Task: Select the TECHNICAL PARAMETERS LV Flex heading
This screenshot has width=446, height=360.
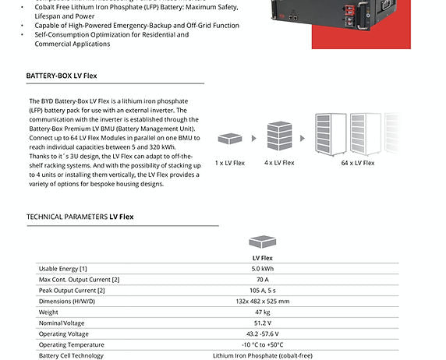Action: (x=80, y=217)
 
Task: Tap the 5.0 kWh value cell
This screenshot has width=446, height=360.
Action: (x=261, y=268)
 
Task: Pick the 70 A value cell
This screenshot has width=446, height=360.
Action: (x=261, y=279)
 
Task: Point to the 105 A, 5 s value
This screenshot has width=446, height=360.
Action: (x=261, y=290)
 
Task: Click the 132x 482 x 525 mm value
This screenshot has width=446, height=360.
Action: (x=261, y=301)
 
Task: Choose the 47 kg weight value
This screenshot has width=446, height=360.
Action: (x=261, y=312)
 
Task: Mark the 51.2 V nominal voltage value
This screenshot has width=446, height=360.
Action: (x=261, y=323)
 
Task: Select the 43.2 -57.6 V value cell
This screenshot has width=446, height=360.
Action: (x=261, y=334)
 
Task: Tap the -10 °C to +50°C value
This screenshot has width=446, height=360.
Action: (x=261, y=344)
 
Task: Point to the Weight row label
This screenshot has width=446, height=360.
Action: (x=48, y=312)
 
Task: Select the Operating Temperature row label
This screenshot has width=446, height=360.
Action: (x=71, y=344)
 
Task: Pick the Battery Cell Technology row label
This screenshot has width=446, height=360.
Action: (x=71, y=355)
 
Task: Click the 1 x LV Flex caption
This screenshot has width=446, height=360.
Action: (x=229, y=163)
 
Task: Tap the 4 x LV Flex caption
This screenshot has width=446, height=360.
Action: (x=279, y=163)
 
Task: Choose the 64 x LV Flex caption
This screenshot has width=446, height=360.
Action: (x=358, y=163)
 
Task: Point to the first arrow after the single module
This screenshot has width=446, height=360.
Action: (x=253, y=139)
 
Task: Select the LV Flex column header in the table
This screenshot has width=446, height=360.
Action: (x=261, y=257)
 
